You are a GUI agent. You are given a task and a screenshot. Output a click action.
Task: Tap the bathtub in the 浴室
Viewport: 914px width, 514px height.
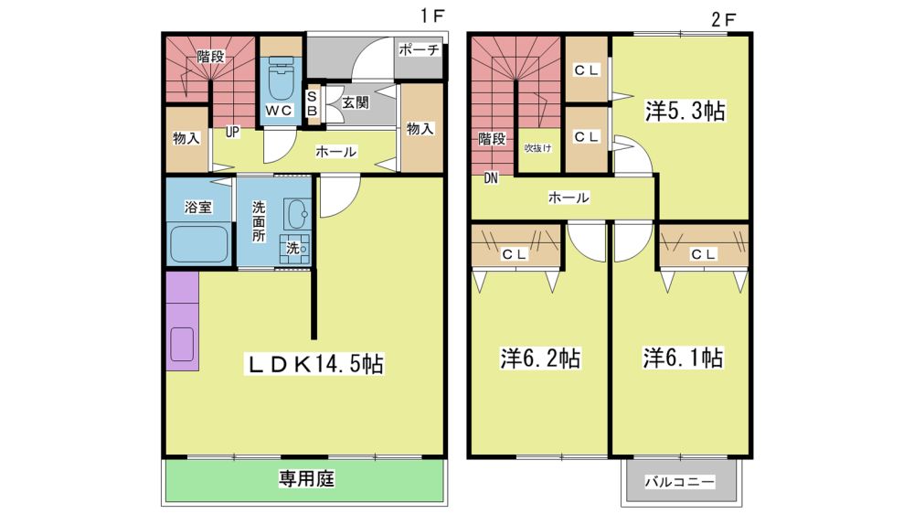coord(198,244)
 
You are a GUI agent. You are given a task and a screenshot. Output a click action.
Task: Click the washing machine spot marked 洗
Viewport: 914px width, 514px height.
coord(295,249)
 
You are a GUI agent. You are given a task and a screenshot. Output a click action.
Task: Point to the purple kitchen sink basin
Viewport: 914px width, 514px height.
coord(182,344)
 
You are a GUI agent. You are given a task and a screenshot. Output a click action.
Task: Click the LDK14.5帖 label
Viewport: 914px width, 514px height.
coord(315,364)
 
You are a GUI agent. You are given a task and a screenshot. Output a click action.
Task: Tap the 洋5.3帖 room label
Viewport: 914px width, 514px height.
coord(685,111)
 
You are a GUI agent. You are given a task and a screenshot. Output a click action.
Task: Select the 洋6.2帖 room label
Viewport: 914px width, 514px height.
coord(540,359)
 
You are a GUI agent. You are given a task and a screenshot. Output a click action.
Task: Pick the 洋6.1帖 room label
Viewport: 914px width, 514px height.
coord(683,358)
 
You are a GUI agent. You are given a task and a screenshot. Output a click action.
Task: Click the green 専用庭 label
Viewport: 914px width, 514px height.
coord(306,479)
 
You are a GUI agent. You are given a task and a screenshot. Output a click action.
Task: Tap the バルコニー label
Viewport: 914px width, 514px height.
coord(680,482)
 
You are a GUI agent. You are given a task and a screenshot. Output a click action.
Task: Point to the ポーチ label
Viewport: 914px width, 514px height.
coord(419,50)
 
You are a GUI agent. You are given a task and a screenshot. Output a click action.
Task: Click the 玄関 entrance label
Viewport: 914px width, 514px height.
coord(355,103)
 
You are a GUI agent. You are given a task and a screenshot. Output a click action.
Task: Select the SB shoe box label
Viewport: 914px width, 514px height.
coord(312,104)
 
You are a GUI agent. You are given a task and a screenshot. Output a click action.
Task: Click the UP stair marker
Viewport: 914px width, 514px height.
coord(232,132)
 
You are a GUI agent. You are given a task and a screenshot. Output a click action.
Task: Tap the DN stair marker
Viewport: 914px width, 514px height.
coord(491,178)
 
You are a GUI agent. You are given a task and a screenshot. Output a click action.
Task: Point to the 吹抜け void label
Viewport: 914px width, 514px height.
coord(537,148)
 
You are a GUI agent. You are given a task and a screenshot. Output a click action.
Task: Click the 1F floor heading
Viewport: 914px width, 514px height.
coord(433,16)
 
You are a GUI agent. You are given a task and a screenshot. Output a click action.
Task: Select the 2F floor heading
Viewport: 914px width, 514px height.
coord(723,19)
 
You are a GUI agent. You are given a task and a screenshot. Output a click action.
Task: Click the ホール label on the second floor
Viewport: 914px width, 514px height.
coord(569,198)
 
